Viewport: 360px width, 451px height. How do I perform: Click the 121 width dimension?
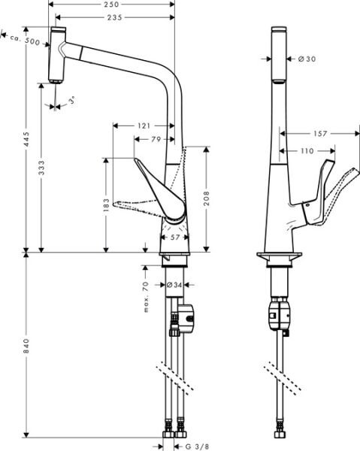[x=144, y=125]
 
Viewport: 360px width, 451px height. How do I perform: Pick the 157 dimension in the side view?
[x=319, y=134]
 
